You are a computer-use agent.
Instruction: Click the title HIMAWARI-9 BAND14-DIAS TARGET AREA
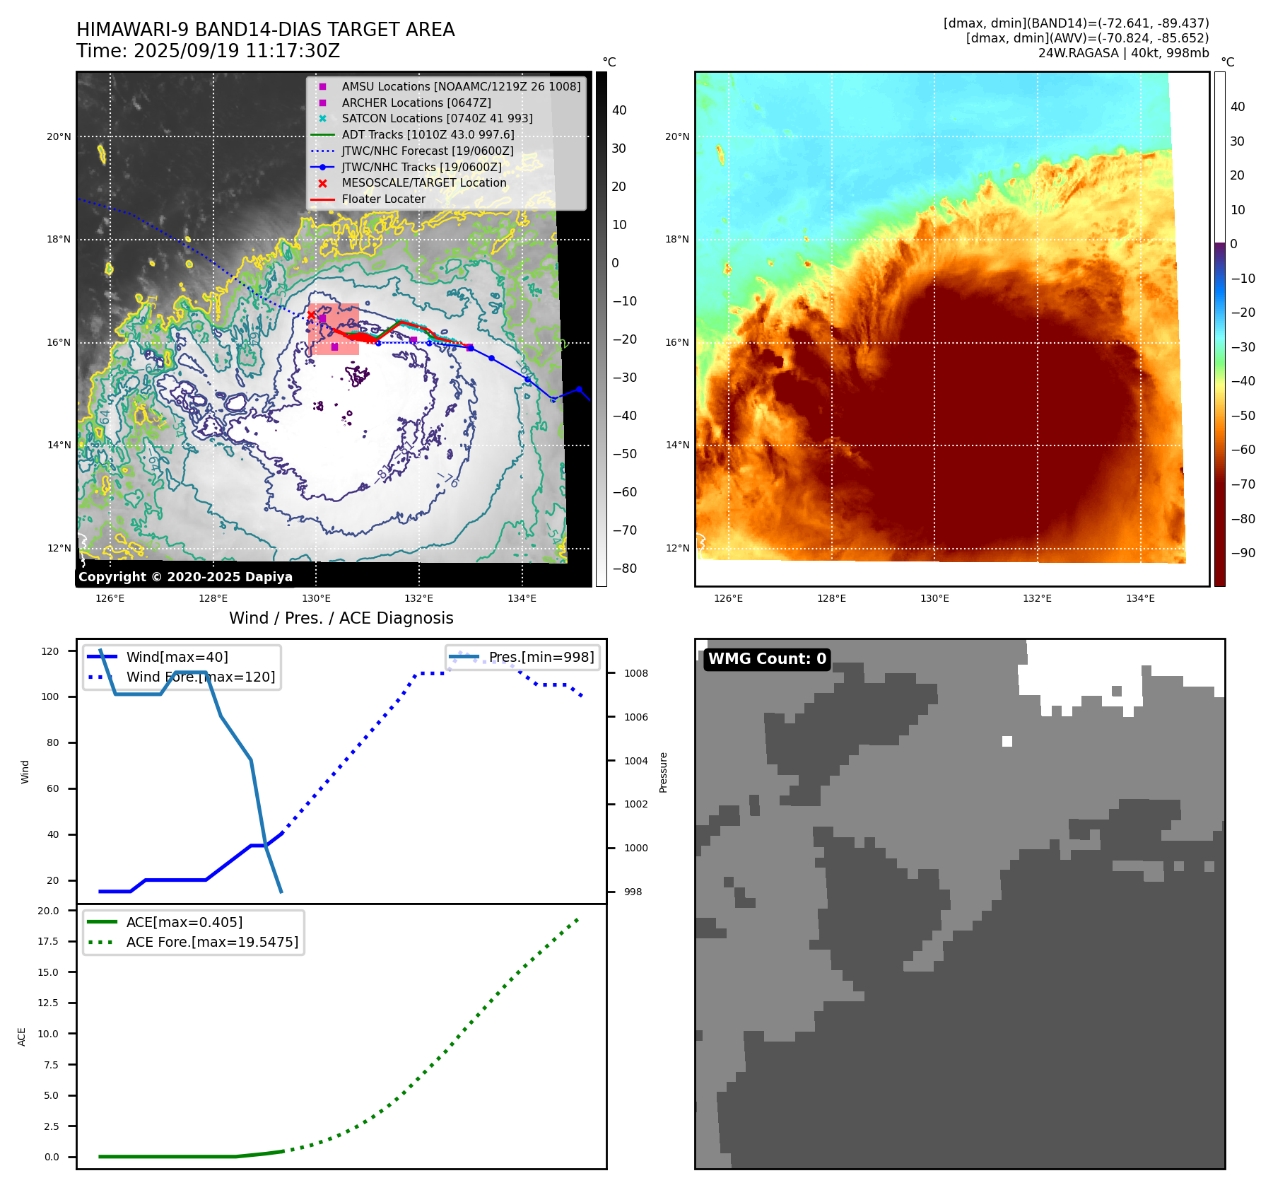[265, 30]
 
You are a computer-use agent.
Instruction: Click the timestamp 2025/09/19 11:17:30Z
[236, 51]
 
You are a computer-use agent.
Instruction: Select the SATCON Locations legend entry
[437, 119]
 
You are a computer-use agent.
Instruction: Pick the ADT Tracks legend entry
[428, 134]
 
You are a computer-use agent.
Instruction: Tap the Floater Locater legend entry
[383, 199]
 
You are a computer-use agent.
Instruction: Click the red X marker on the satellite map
[311, 315]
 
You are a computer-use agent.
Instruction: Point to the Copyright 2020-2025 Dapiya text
[185, 577]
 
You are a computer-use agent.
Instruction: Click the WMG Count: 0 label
[767, 659]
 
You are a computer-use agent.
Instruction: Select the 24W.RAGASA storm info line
[1123, 53]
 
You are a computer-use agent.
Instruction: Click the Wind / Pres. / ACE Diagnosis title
[341, 618]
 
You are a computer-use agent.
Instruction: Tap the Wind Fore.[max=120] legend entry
[201, 677]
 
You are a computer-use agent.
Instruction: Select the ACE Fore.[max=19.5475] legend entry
[212, 942]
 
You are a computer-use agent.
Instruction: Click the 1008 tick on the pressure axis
[635, 673]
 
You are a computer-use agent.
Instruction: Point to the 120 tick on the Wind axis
[50, 651]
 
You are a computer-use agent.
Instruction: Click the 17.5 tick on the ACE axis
[48, 941]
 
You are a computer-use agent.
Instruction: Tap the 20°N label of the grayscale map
[59, 136]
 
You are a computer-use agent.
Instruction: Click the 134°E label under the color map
[1140, 598]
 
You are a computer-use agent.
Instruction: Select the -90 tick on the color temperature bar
[1243, 553]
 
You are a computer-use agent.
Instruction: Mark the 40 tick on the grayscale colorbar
[619, 110]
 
